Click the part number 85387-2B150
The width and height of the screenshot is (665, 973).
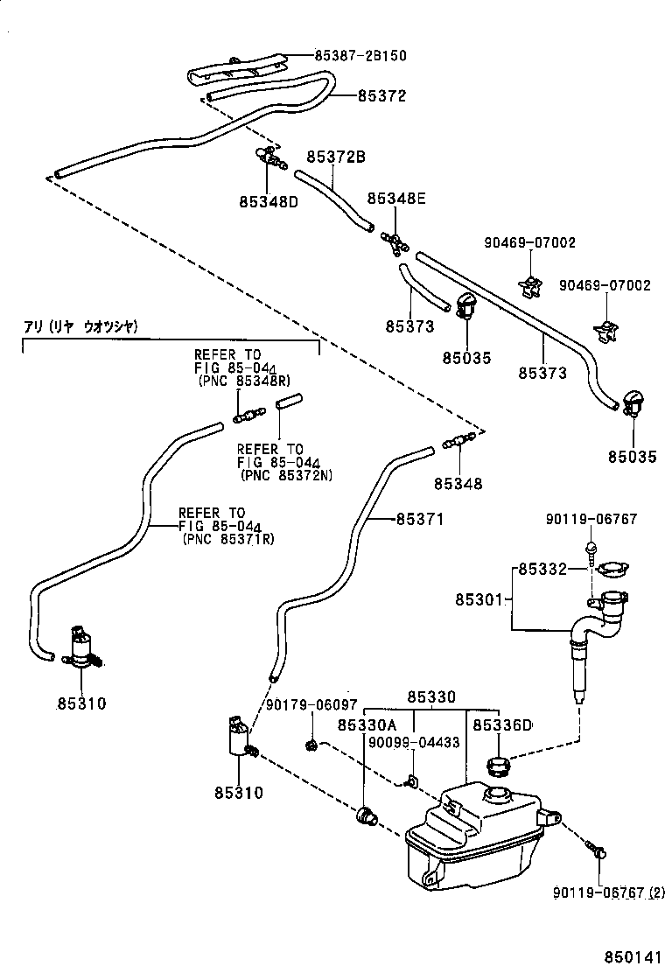click(360, 55)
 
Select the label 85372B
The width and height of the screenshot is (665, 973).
click(335, 157)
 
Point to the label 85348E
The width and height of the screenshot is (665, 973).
click(395, 199)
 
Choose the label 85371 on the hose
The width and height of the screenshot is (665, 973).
click(420, 519)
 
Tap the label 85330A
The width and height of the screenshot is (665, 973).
click(367, 724)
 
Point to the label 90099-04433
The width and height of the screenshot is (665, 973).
click(414, 742)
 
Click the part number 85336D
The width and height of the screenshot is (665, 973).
click(502, 724)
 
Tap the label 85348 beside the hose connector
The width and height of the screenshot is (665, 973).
click(458, 483)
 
